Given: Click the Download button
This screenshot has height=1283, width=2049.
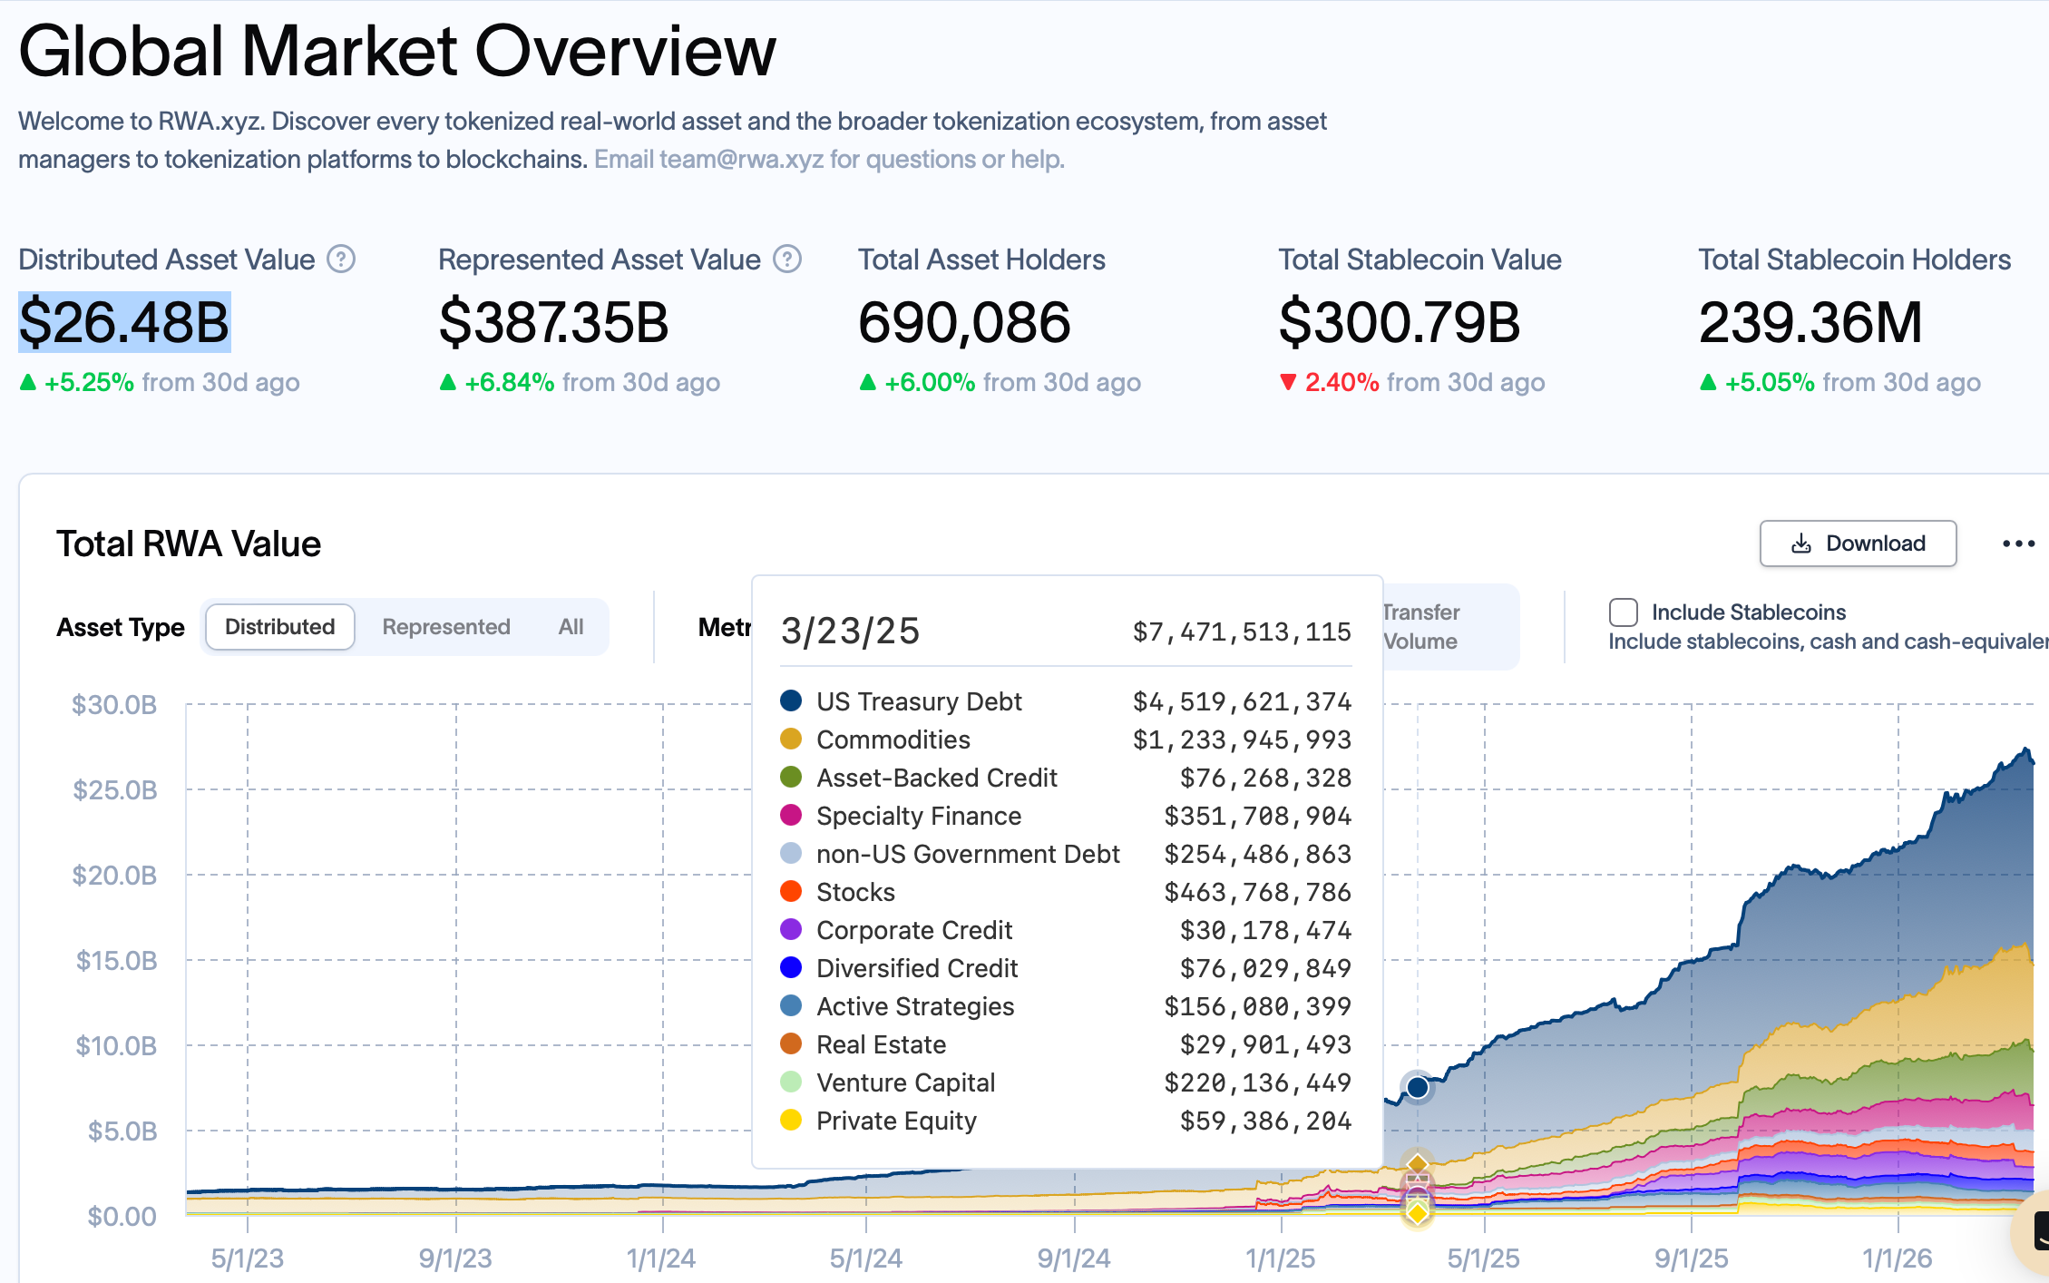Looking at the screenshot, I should tap(1857, 544).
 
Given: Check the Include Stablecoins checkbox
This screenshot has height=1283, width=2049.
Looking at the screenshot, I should tap(1623, 612).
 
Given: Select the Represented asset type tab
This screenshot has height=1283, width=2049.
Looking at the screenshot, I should tap(445, 627).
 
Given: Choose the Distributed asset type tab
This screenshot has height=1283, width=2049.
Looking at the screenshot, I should tap(279, 627).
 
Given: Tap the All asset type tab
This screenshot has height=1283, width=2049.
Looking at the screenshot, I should tap(571, 627).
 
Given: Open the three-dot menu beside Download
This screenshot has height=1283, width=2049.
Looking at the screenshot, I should tap(2018, 544).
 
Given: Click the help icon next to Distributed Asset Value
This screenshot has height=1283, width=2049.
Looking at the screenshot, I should tap(341, 260).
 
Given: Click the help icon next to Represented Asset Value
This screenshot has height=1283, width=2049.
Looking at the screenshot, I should tap(786, 260).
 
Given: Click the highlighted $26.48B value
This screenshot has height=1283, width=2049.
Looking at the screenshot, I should tap(124, 322).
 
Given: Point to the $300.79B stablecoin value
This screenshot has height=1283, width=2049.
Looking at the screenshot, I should tap(1399, 322).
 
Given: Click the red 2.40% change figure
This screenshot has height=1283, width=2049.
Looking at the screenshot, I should tap(1341, 382).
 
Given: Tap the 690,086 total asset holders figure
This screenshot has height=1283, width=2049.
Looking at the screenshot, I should tap(964, 322).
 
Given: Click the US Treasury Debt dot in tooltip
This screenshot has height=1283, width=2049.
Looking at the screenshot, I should tap(791, 700).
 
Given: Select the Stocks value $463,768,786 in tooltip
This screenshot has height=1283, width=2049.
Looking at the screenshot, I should tap(1257, 892).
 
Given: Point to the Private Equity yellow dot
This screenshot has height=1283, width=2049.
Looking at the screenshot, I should tap(791, 1120).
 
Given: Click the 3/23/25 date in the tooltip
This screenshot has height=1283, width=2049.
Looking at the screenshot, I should tap(850, 631).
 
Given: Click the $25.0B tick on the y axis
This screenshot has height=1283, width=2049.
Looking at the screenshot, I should tap(115, 790).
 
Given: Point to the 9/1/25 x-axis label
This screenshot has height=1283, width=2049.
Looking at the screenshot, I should tap(1691, 1259).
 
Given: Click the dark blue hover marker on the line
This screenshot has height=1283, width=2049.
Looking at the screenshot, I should tap(1417, 1087).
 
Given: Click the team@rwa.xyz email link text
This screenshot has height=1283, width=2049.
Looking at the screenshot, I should tap(741, 160).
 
